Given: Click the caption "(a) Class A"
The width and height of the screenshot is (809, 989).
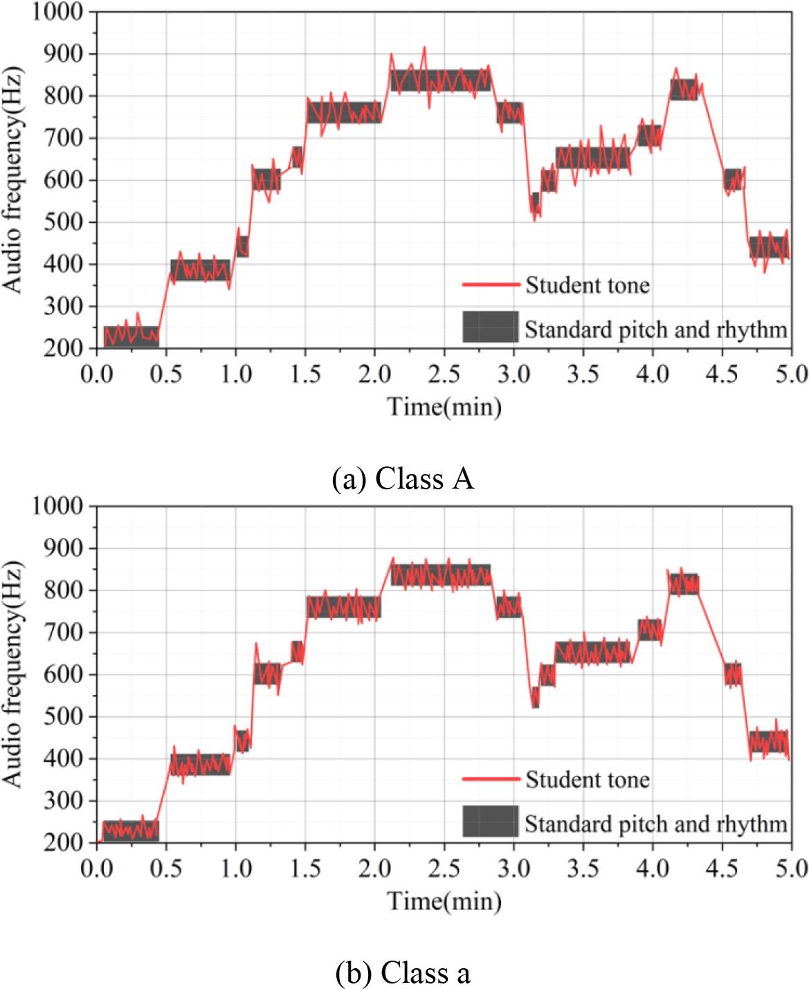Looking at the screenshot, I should (403, 479).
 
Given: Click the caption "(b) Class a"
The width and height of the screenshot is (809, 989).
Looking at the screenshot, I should (403, 972).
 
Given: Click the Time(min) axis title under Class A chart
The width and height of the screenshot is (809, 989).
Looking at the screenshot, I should (444, 406).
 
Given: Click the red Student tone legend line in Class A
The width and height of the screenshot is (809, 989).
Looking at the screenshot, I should (490, 284).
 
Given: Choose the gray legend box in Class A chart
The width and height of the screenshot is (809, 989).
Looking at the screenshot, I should (490, 327).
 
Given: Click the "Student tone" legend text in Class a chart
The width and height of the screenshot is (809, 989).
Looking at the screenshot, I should (587, 779).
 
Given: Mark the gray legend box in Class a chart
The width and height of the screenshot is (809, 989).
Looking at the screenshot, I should (490, 821).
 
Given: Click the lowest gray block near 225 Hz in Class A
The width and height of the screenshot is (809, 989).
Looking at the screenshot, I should (131, 336).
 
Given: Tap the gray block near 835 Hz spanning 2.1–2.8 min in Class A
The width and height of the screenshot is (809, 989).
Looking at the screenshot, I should (440, 80).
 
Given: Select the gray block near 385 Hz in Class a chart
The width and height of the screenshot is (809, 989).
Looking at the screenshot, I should (200, 764).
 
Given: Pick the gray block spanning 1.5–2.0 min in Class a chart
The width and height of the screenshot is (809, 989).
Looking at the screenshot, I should (343, 607).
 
